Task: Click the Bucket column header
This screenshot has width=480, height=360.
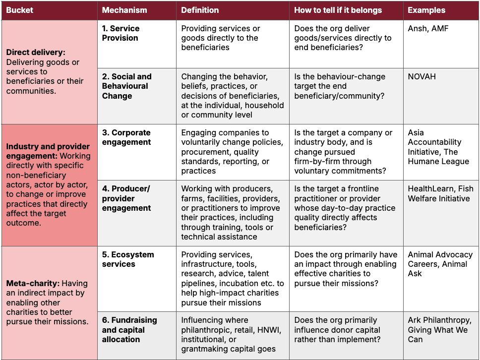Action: (19, 10)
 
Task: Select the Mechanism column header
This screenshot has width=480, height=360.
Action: (124, 10)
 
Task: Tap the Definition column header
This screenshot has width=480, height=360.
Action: (200, 10)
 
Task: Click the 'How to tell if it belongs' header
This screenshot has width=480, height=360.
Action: (338, 10)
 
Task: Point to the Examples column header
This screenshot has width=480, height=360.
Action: (426, 10)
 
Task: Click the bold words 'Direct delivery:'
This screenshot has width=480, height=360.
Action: (36, 53)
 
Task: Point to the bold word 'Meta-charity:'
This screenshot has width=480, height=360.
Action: (33, 284)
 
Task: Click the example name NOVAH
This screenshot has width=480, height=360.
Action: (421, 76)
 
